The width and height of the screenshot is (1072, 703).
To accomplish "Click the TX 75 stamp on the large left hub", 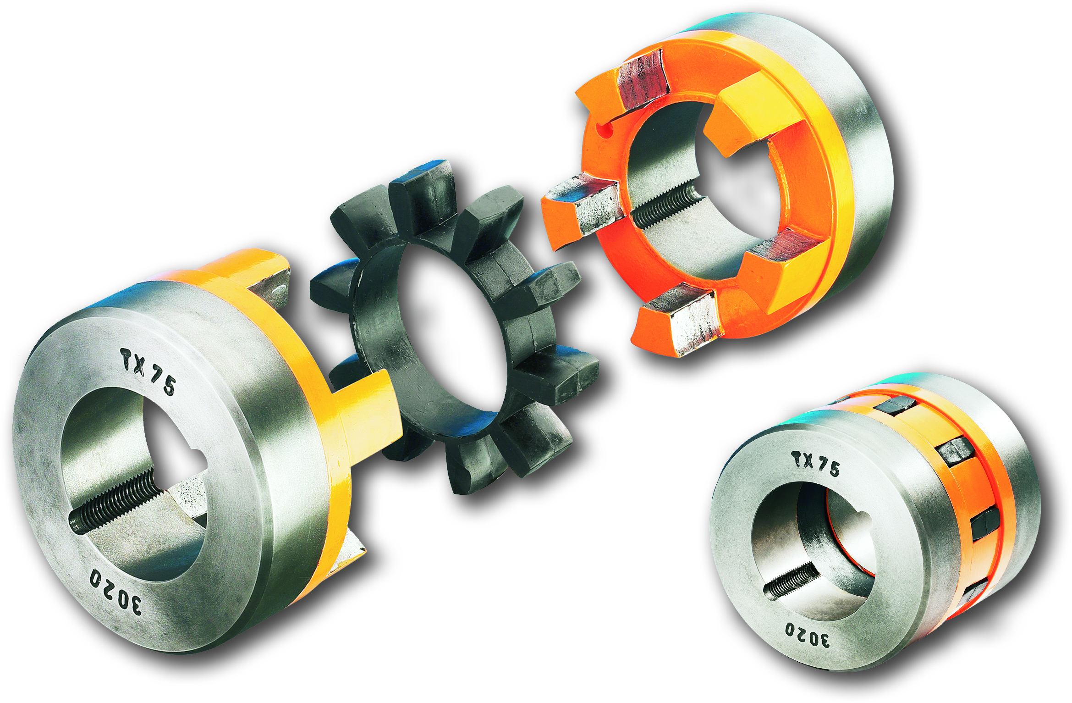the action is point(148,371).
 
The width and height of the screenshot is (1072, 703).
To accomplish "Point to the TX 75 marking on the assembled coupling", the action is point(816,464).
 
